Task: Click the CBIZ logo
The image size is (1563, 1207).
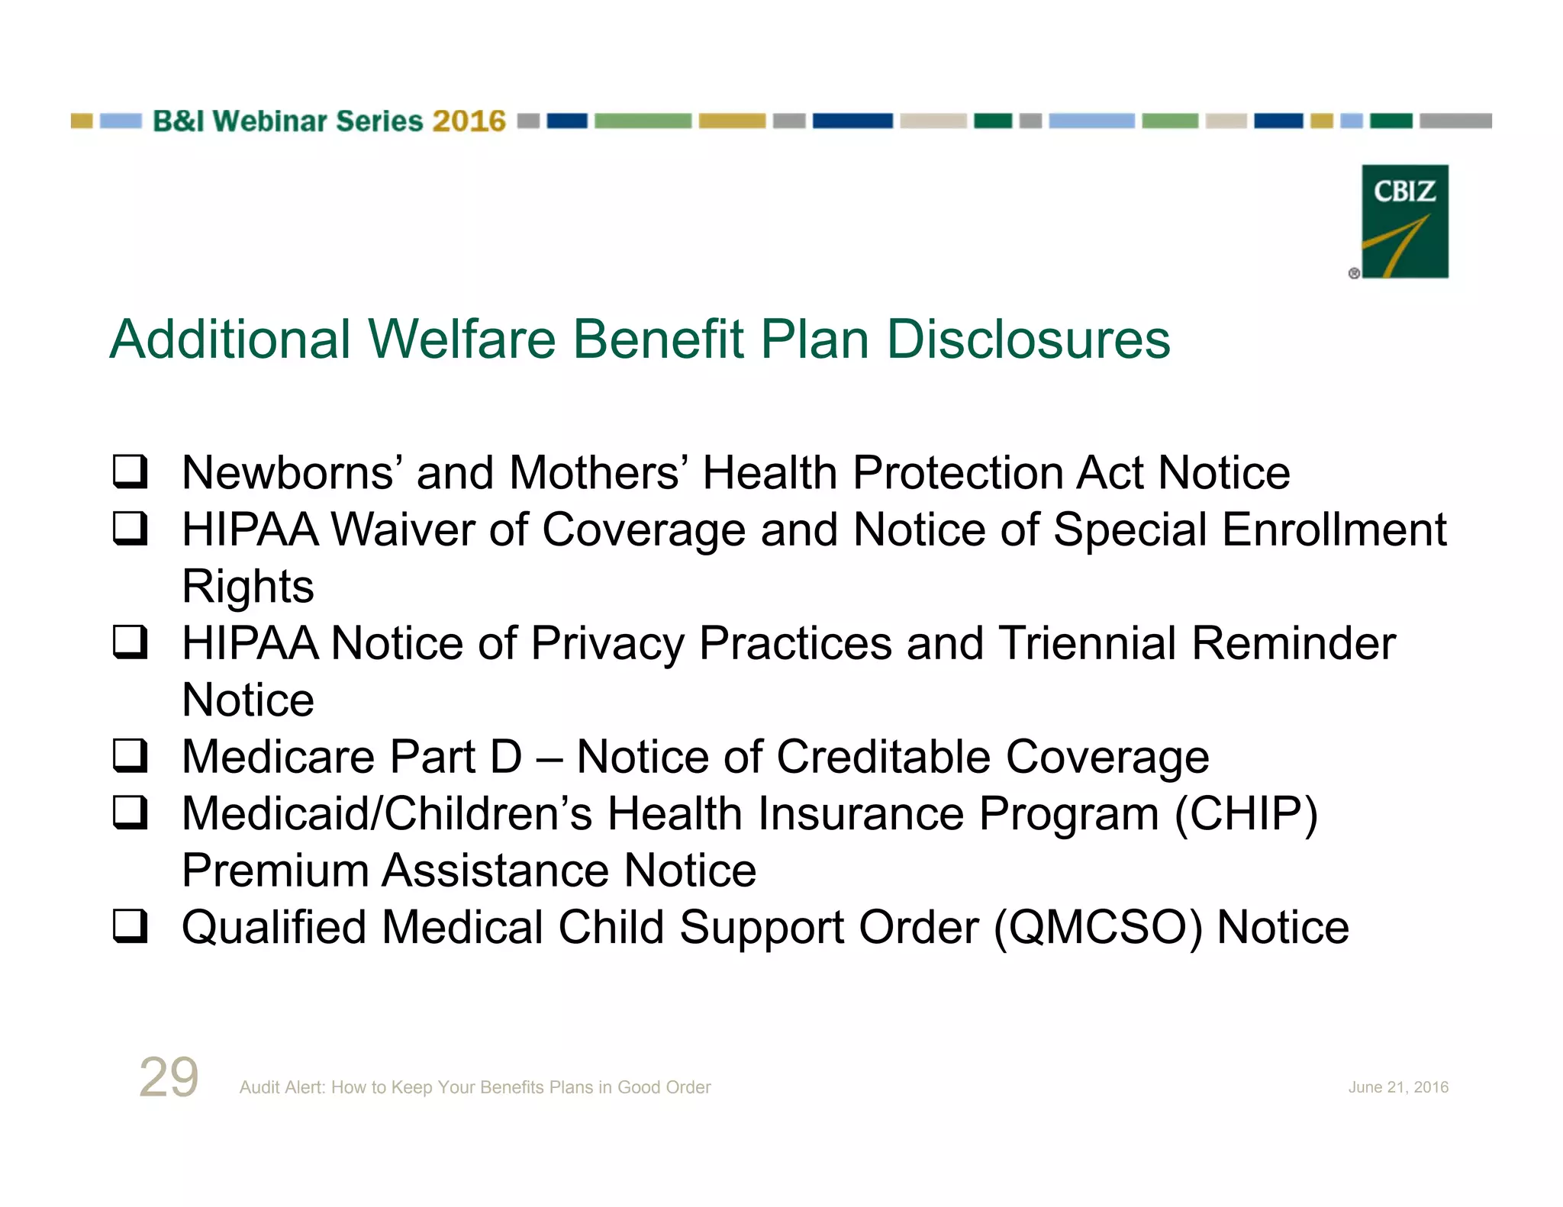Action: coord(1404,221)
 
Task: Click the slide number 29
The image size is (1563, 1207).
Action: coord(169,1077)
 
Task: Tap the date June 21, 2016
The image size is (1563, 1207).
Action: coord(1397,1087)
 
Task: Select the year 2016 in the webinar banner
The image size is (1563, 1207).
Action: coord(469,121)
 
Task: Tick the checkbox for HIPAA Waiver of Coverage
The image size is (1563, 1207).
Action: coord(130,528)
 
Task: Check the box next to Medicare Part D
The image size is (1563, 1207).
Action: coord(130,755)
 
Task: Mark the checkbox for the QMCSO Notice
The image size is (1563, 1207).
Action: coord(130,926)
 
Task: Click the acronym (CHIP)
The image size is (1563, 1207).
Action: coord(1246,814)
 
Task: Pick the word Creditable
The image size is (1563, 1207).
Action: coord(883,757)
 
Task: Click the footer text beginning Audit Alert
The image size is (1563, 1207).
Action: coord(475,1087)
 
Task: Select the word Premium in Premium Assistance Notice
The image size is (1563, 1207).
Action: coord(275,871)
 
